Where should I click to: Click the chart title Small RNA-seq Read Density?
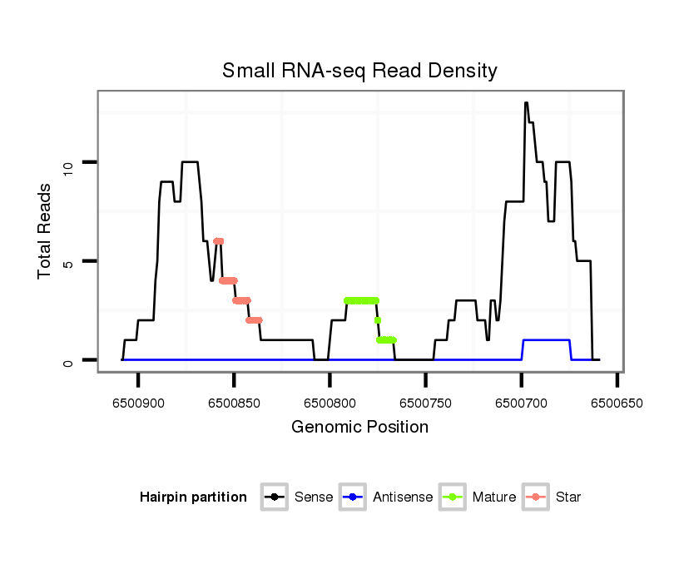[359, 71]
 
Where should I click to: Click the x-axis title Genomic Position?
[359, 428]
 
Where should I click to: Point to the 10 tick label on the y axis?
[70, 162]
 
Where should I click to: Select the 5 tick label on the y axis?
[70, 261]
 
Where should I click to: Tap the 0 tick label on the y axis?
[70, 360]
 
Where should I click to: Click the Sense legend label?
[314, 497]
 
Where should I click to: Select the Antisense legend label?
[403, 497]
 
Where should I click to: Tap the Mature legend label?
[493, 497]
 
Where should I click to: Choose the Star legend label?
[569, 497]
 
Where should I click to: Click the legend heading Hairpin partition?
[193, 497]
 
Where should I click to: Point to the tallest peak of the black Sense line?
[526, 103]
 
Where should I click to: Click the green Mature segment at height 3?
[361, 300]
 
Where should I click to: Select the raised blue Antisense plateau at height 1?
[546, 340]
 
